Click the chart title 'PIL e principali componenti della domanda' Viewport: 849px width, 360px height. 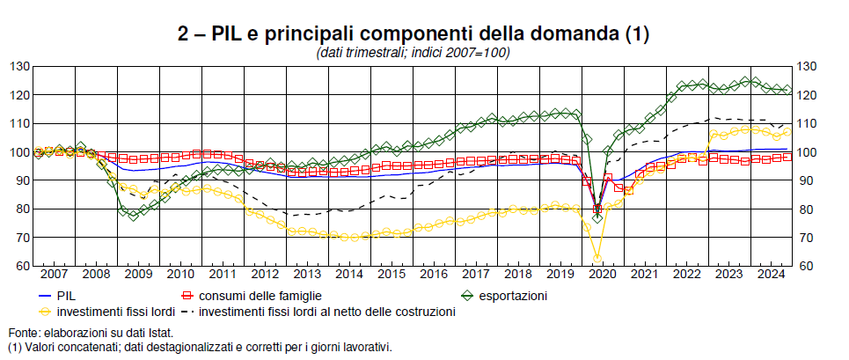tap(413, 34)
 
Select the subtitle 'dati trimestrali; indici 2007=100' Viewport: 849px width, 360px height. tap(413, 53)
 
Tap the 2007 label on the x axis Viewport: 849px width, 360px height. tap(55, 274)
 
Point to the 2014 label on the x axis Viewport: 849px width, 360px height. tap(348, 274)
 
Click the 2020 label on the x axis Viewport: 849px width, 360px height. tap(601, 274)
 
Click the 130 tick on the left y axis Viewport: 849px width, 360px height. tap(19, 67)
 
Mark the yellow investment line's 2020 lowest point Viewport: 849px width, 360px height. tap(597, 258)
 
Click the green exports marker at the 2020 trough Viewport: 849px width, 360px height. tap(597, 217)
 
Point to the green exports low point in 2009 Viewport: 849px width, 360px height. tap(134, 215)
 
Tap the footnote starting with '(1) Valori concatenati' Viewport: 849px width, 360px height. tap(199, 347)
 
